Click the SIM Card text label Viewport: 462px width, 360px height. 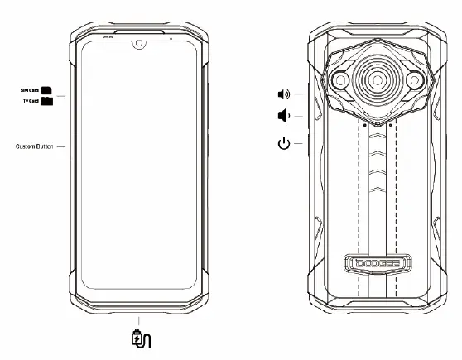pyautogui.click(x=29, y=89)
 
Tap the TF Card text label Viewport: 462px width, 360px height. pyautogui.click(x=30, y=100)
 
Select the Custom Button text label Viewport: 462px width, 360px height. pyautogui.click(x=34, y=146)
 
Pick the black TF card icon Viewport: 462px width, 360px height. pyautogui.click(x=47, y=101)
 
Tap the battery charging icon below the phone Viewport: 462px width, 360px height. pyautogui.click(x=140, y=338)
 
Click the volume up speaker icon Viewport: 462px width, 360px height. pyautogui.click(x=283, y=94)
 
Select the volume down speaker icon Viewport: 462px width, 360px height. pyautogui.click(x=282, y=117)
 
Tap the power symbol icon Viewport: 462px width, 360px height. pyautogui.click(x=284, y=145)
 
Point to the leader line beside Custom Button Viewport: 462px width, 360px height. pyautogui.click(x=61, y=146)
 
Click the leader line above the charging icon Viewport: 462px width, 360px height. pyautogui.click(x=140, y=320)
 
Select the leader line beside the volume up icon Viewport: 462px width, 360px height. pyautogui.click(x=300, y=94)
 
